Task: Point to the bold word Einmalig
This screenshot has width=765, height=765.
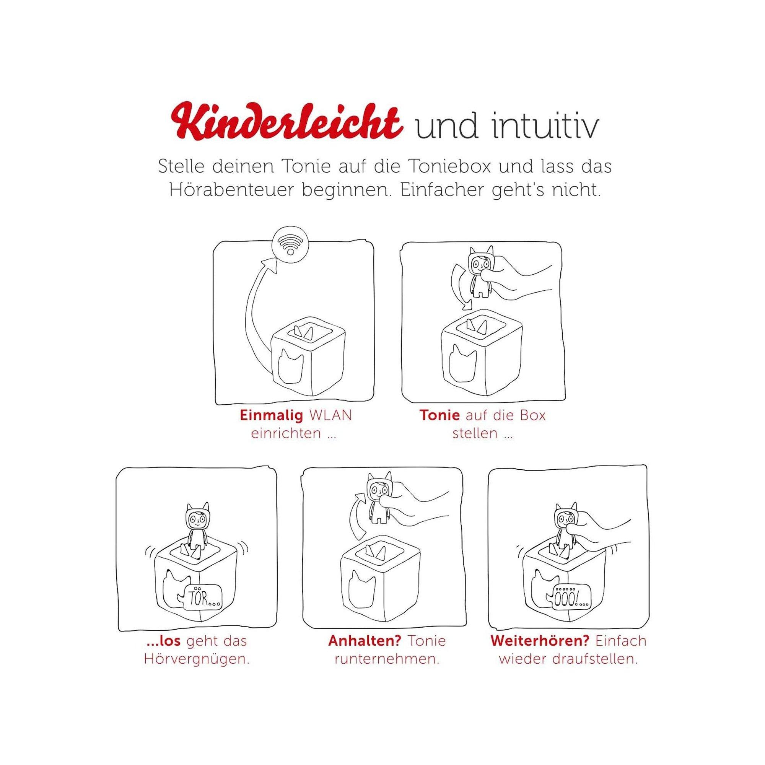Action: coord(272,415)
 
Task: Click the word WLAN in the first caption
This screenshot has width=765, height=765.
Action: coord(330,415)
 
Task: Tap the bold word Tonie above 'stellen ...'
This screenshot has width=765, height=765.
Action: coord(439,415)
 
